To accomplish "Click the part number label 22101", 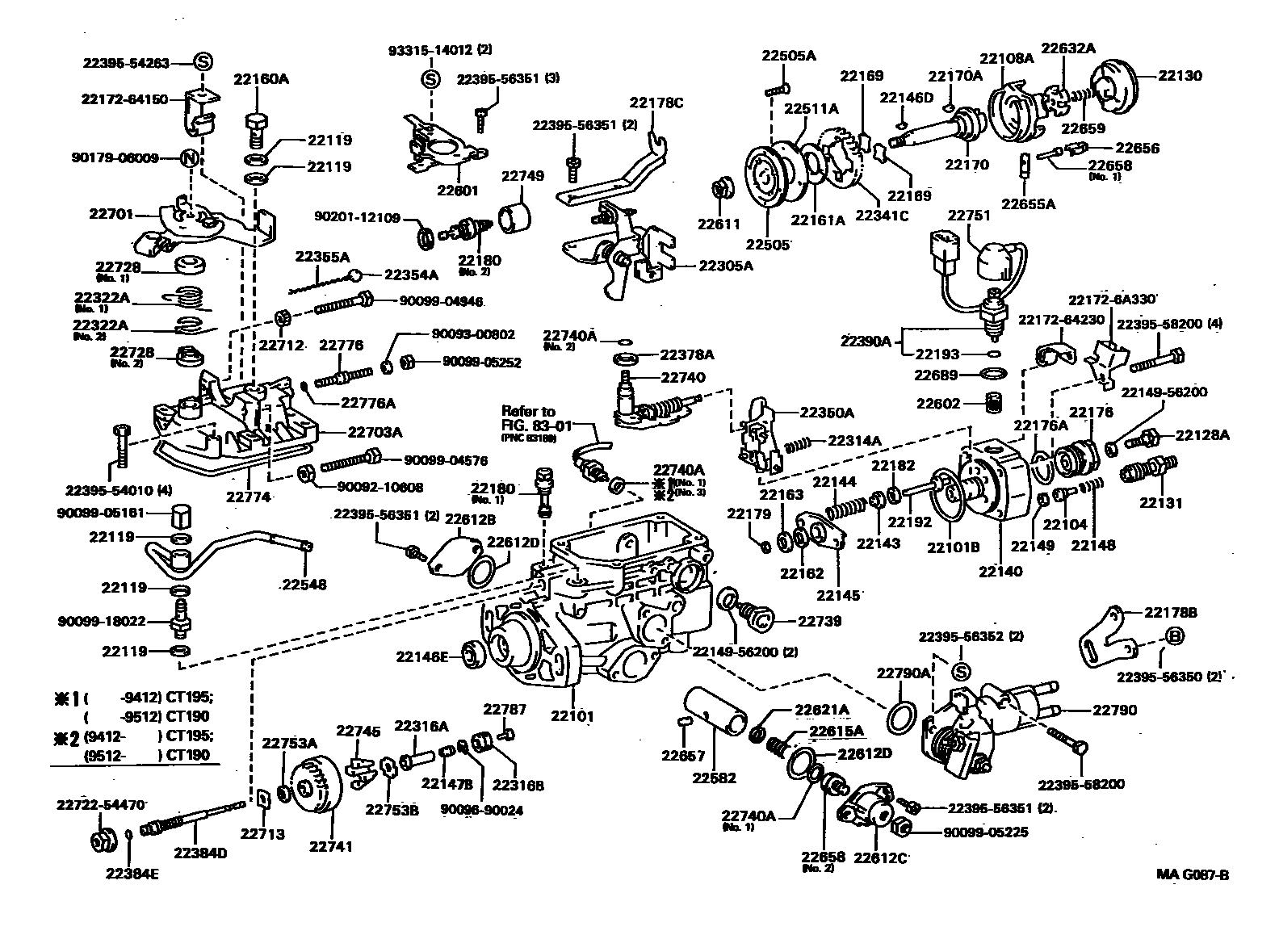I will click(x=572, y=715).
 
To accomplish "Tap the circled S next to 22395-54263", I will click(x=203, y=62).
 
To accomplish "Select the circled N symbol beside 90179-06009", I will click(x=188, y=158).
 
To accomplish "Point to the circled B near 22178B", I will click(x=1175, y=636).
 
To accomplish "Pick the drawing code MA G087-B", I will click(x=1192, y=874).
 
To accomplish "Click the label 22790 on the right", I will click(x=1115, y=711).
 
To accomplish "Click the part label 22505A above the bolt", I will click(x=788, y=56).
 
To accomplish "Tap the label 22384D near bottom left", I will click(x=200, y=853).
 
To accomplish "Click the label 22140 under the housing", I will click(x=1000, y=571).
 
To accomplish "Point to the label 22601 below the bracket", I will click(x=458, y=191).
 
